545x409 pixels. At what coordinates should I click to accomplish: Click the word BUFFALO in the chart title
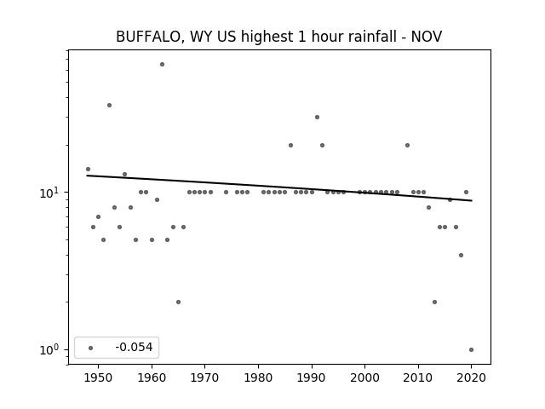click(x=147, y=37)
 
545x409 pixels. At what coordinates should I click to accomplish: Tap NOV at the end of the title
click(x=427, y=37)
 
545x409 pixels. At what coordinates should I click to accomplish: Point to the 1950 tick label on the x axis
click(x=99, y=377)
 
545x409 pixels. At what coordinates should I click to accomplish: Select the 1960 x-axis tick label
click(x=152, y=377)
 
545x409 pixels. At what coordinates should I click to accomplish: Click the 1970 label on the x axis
click(x=204, y=377)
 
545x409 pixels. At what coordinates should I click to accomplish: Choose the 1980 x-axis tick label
click(x=258, y=377)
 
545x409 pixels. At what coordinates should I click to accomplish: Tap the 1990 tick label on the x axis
click(x=312, y=377)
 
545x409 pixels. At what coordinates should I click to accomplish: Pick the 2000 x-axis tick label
click(x=365, y=377)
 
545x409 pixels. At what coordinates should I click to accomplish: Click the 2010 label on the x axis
click(x=418, y=377)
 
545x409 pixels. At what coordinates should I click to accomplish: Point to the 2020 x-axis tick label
click(x=471, y=377)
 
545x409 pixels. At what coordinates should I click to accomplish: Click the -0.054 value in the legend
click(x=134, y=347)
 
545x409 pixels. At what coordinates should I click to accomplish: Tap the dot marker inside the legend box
click(x=91, y=348)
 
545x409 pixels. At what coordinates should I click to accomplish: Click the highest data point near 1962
click(x=162, y=65)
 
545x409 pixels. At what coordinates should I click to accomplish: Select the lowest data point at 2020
click(x=471, y=349)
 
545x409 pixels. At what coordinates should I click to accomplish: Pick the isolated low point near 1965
click(x=178, y=302)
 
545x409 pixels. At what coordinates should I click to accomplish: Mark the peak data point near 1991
click(x=317, y=118)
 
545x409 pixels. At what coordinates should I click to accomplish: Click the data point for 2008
click(x=407, y=146)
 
